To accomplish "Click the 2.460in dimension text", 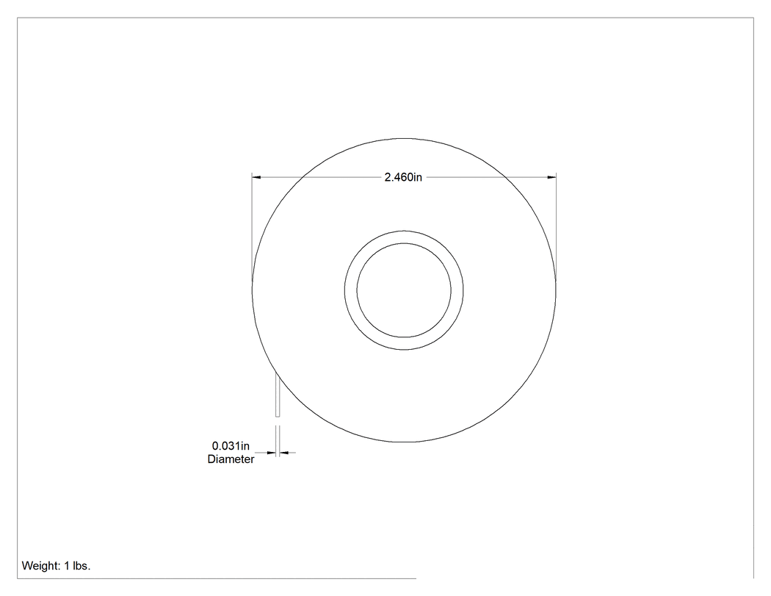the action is click(x=403, y=177).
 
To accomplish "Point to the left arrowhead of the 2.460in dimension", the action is click(x=256, y=176).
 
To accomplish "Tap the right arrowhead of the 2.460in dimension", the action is click(x=552, y=176).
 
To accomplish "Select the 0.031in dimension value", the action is click(x=231, y=446).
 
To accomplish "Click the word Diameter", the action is click(x=231, y=459).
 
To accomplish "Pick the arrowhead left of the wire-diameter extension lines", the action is click(x=272, y=452).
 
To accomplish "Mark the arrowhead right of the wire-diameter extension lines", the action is click(x=283, y=452).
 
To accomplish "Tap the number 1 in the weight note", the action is click(x=68, y=565).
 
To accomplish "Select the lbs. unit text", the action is click(x=82, y=565).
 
